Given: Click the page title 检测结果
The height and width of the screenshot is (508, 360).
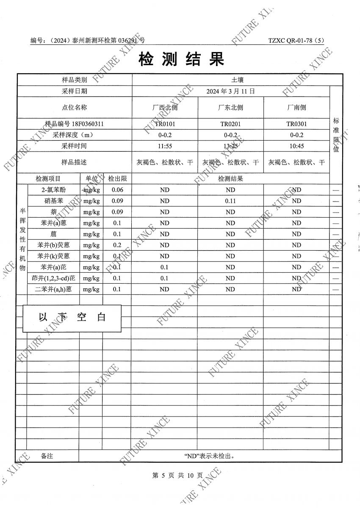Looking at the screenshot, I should (x=181, y=60).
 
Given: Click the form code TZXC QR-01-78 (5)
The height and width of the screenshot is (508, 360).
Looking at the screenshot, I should (x=296, y=41).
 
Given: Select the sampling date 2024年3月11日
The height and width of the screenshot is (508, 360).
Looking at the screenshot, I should (x=230, y=91).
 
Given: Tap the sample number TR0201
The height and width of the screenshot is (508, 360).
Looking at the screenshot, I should (x=230, y=124).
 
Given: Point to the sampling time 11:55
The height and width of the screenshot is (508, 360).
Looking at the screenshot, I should (x=165, y=146).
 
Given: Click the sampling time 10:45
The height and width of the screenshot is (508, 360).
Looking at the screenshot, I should (x=296, y=146).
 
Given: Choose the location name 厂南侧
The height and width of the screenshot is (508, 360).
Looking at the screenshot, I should (x=296, y=108).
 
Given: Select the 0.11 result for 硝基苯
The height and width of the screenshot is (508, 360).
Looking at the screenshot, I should (x=230, y=201).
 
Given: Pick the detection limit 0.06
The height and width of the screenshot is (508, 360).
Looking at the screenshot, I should (x=117, y=190).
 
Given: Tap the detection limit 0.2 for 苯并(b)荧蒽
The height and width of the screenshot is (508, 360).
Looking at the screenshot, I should (x=117, y=245).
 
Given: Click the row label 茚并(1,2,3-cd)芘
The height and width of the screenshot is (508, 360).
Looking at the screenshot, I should (x=53, y=278).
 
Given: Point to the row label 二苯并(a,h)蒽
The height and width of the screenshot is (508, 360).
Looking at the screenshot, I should (x=53, y=289).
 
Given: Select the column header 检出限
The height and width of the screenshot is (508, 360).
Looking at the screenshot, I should (x=117, y=179).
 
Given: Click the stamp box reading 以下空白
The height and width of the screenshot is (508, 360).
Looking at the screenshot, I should (x=72, y=317).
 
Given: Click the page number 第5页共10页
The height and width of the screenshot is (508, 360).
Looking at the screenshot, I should (x=177, y=476).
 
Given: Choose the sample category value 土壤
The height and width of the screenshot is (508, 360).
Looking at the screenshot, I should (x=237, y=80).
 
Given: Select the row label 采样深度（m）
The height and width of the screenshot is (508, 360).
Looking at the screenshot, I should (x=75, y=135).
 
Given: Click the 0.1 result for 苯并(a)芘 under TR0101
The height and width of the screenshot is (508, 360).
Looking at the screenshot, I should (x=165, y=267).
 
